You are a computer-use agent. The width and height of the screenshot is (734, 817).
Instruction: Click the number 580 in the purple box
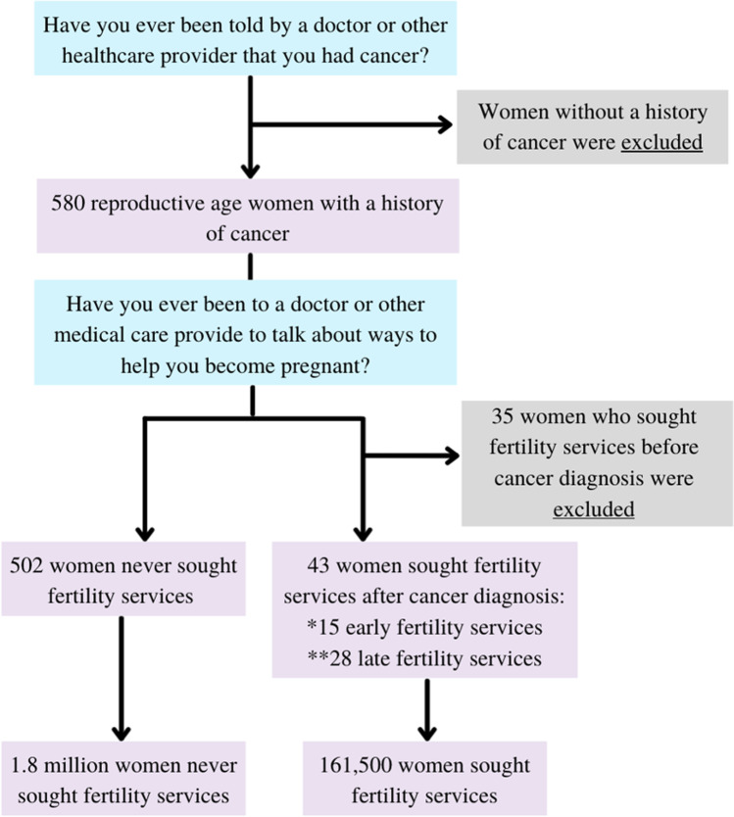(69, 205)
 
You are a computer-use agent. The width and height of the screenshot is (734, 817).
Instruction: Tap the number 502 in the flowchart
(28, 565)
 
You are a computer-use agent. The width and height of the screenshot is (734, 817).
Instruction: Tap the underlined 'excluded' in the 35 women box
(594, 509)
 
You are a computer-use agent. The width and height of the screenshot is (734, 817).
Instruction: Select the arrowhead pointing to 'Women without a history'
(445, 124)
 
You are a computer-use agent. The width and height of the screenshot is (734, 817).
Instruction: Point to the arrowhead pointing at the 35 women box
(451, 456)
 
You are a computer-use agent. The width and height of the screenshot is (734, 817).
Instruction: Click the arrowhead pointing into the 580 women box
(252, 168)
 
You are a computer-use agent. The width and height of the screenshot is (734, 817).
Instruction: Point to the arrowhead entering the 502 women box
(145, 531)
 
